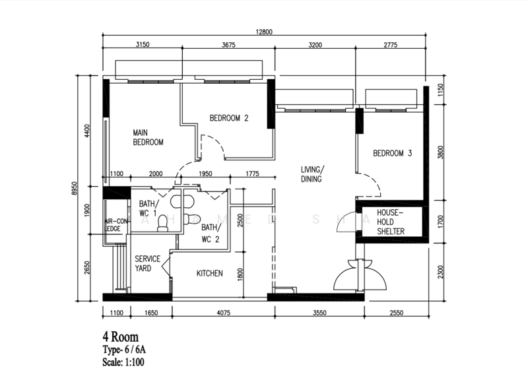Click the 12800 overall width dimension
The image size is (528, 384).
click(264, 32)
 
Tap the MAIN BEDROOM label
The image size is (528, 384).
click(148, 137)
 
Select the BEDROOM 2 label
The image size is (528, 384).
click(228, 118)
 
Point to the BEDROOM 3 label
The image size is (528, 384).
click(392, 154)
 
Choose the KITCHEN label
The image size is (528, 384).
click(209, 273)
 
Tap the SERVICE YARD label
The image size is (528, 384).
click(147, 263)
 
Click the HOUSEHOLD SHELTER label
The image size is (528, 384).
click(391, 222)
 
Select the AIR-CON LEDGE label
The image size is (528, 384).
click(116, 225)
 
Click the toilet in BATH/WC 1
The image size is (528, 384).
click(163, 223)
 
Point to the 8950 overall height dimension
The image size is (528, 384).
click(75, 189)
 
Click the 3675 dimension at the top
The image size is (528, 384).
click(228, 45)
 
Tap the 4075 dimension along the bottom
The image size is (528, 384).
click(223, 313)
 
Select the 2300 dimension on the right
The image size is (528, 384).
click(441, 272)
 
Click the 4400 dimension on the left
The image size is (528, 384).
click(87, 131)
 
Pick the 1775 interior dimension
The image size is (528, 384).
click(252, 174)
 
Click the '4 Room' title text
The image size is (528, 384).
click(121, 336)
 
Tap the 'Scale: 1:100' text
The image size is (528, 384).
click(123, 362)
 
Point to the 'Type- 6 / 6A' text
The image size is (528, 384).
click(124, 350)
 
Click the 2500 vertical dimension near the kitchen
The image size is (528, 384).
click(240, 220)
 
